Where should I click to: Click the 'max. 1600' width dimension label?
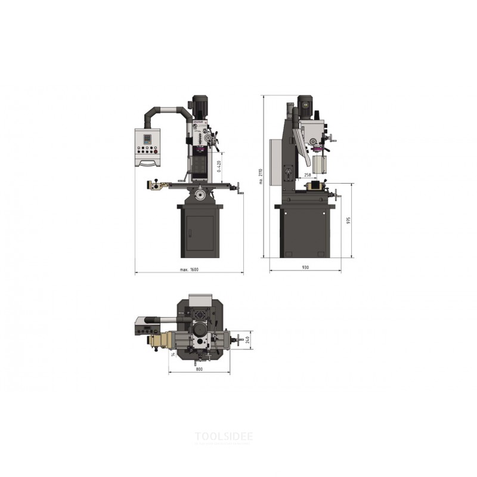189,270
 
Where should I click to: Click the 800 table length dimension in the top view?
199,370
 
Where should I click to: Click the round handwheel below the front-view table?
200,195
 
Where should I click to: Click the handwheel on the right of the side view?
336,194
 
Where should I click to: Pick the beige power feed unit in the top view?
158,341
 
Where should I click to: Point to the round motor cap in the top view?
199,329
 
